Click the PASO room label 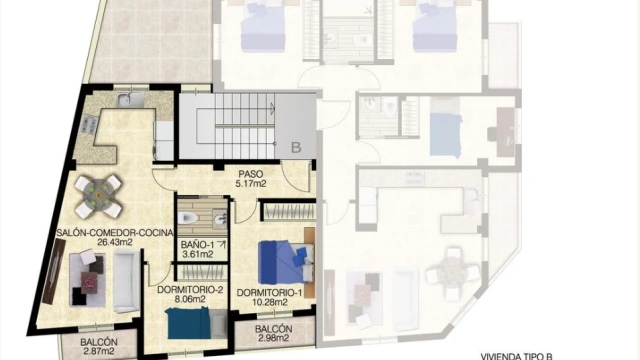pyautogui.click(x=251, y=174)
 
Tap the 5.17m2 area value pyautogui.click(x=251, y=184)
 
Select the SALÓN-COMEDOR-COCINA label pyautogui.click(x=115, y=233)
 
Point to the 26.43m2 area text pyautogui.click(x=115, y=242)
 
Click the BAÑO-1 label pyautogui.click(x=198, y=245)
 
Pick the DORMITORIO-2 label pyautogui.click(x=190, y=290)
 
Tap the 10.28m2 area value pyautogui.click(x=269, y=302)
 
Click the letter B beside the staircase pyautogui.click(x=296, y=147)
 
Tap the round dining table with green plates pyautogui.click(x=98, y=196)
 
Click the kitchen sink pyautogui.click(x=130, y=100)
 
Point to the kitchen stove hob pyautogui.click(x=89, y=125)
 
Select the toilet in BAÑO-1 pyautogui.click(x=188, y=219)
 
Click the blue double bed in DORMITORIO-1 pyautogui.click(x=287, y=262)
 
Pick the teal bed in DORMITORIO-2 pyautogui.click(x=197, y=323)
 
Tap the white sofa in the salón pyautogui.click(x=126, y=281)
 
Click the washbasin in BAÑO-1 pyautogui.click(x=220, y=219)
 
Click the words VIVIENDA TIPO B pyautogui.click(x=516, y=357)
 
